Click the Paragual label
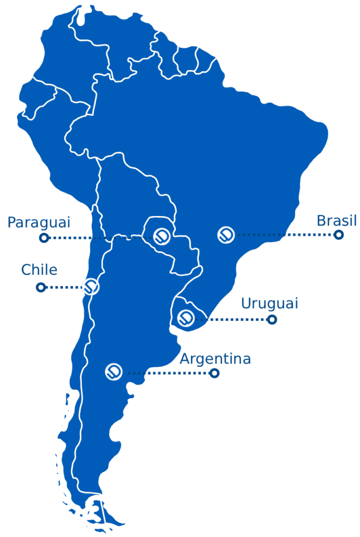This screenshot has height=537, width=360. tap(38, 223)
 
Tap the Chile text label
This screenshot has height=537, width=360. tap(39, 270)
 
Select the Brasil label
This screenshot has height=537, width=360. tap(336, 221)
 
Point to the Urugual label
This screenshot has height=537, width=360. tap(269, 304)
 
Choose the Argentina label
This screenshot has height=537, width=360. tap(215, 359)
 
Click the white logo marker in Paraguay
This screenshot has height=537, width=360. tap(162, 237)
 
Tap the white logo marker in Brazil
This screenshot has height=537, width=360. tap(226, 234)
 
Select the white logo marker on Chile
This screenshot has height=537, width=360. tap(91, 286)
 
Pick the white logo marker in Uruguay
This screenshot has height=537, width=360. tap(186, 318)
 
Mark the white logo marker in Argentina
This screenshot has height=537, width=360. tap(114, 371)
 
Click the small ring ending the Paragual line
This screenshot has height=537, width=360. tap(44, 238)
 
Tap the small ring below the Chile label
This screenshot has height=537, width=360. tap(40, 287)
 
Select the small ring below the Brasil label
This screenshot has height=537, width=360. tap(339, 234)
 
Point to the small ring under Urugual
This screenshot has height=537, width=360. tap(272, 319)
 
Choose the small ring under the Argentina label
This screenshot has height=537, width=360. tap(214, 373)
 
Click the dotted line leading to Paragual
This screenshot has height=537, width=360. tap(100, 238)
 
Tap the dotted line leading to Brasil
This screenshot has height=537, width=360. tap(283, 235)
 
